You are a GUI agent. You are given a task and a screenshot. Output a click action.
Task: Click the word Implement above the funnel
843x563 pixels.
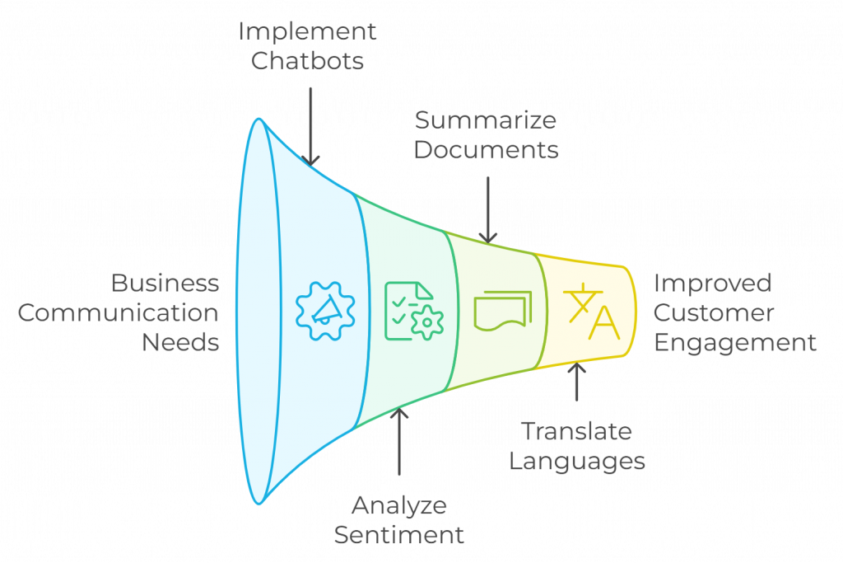click(307, 32)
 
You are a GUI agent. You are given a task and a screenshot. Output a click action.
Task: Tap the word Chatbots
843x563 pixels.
click(307, 61)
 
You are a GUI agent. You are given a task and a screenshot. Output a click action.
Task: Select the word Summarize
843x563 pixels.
click(486, 120)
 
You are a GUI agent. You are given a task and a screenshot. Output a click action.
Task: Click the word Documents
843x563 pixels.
click(487, 150)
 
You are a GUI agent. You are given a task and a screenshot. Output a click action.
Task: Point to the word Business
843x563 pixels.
click(165, 284)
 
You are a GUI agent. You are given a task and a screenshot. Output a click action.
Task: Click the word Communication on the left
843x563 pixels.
click(119, 313)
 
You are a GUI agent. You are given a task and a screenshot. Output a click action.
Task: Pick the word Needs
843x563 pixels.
click(180, 342)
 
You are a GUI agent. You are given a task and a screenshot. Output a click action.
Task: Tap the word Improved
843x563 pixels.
click(713, 284)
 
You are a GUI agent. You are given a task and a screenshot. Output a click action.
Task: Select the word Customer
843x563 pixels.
click(714, 313)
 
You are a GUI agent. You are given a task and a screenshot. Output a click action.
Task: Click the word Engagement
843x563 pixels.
click(735, 342)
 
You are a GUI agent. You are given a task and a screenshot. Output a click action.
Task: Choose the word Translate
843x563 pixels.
click(576, 431)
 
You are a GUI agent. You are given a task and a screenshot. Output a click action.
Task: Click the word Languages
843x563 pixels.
click(576, 461)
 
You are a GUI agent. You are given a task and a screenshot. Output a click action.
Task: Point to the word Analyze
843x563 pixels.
click(399, 505)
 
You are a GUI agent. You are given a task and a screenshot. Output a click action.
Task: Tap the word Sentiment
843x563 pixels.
click(399, 534)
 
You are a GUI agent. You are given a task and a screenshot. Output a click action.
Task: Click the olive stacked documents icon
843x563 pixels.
click(502, 311)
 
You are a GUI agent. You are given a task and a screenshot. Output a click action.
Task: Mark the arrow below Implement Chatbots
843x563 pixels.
click(310, 123)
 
